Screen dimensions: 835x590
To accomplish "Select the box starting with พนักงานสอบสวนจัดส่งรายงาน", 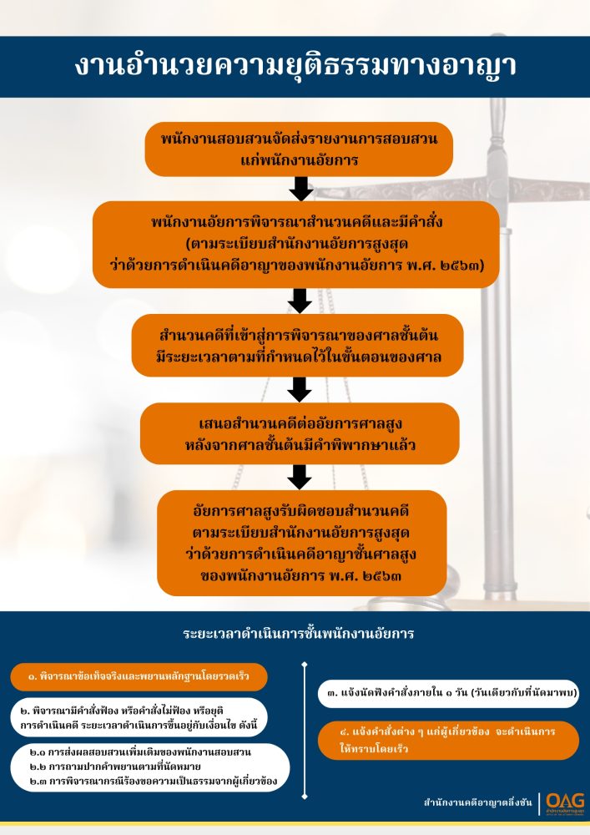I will click(299, 149).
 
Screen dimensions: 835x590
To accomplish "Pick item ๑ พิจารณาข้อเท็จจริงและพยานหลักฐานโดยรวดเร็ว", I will click(139, 676).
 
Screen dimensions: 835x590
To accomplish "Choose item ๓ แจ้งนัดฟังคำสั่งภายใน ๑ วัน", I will click(447, 692).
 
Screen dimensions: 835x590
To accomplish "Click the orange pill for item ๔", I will click(447, 740).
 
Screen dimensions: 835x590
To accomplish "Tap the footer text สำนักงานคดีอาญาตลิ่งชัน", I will click(477, 803).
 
